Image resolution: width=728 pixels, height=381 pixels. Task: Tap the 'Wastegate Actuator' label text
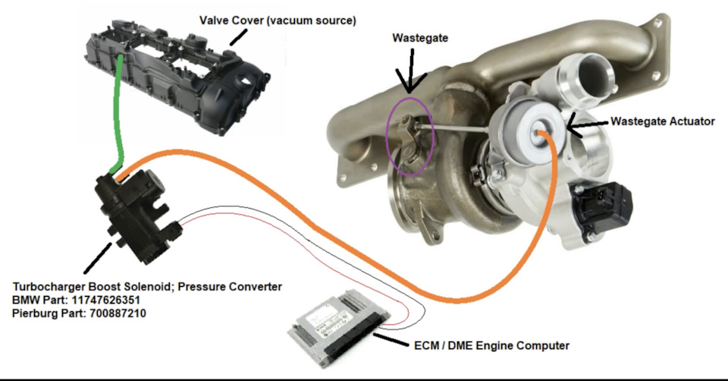(663, 121)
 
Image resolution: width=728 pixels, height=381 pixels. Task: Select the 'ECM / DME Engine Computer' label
(491, 346)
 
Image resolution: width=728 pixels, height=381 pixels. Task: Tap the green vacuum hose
(115, 114)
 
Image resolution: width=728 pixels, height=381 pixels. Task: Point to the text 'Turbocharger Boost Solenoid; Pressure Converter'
(147, 286)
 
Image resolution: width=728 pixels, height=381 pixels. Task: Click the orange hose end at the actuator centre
(543, 134)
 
